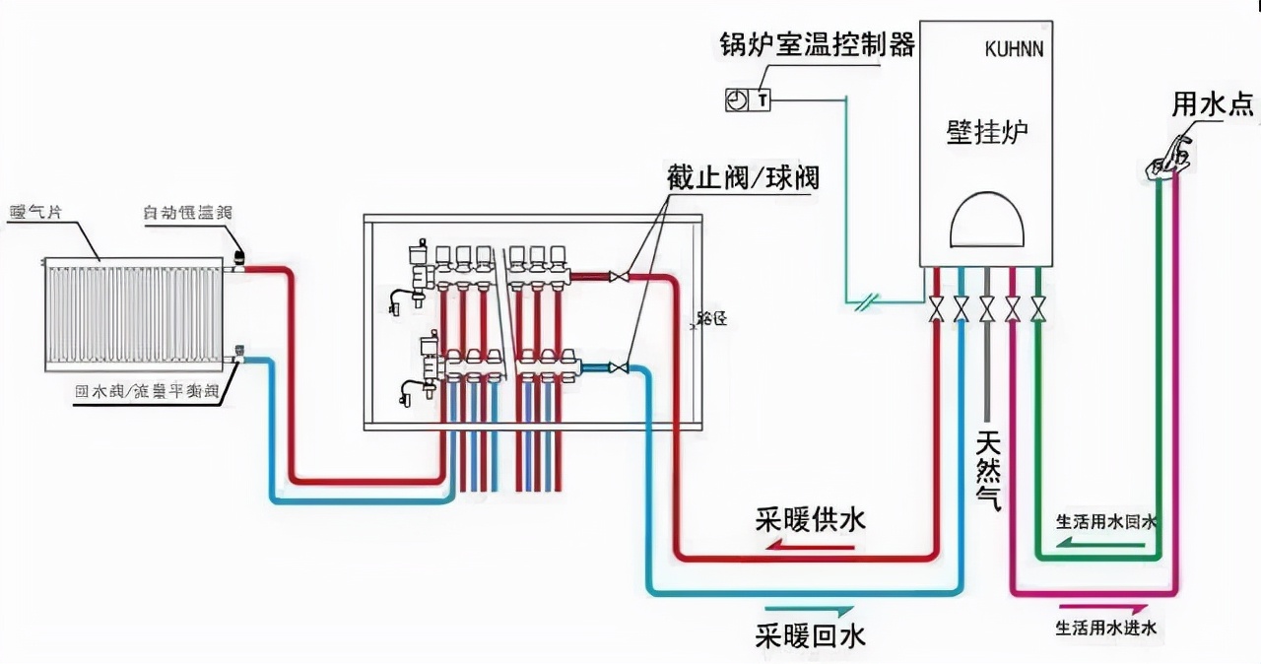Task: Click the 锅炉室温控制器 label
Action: click(817, 45)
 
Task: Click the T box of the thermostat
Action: click(763, 100)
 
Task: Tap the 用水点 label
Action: click(1213, 104)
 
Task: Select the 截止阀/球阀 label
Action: click(743, 179)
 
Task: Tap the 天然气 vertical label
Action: click(988, 469)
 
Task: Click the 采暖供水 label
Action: click(811, 519)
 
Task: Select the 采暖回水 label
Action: click(811, 635)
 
